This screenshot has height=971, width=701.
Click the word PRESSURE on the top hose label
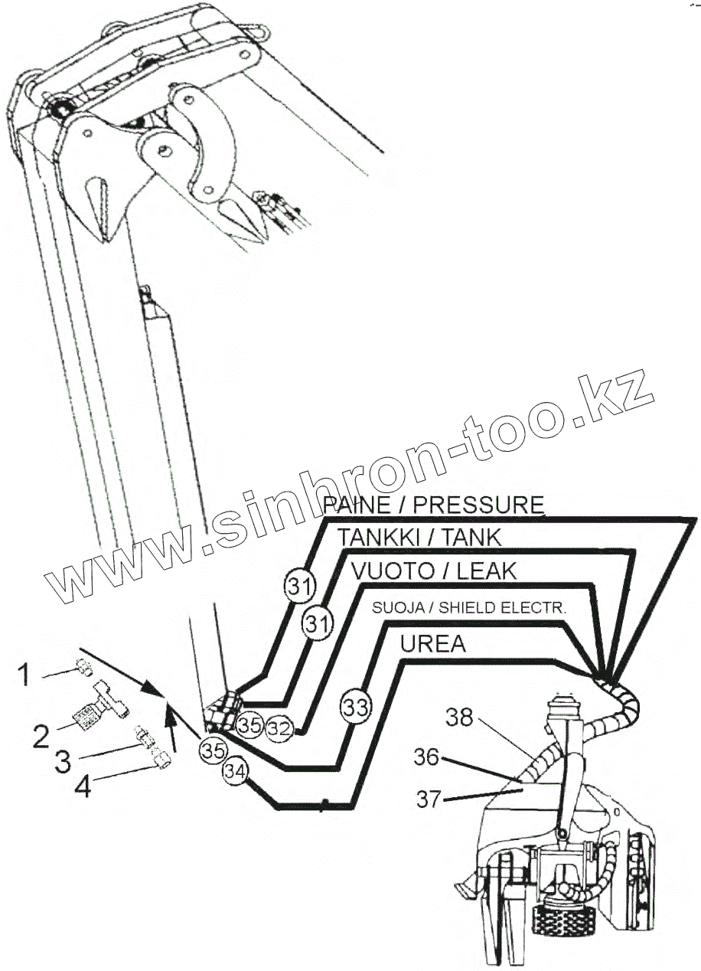click(x=483, y=505)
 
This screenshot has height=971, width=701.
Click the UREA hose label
click(x=433, y=644)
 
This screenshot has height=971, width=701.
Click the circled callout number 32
click(x=279, y=728)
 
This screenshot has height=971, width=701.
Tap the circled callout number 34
click(x=236, y=773)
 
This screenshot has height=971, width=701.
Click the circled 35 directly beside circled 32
click(x=249, y=722)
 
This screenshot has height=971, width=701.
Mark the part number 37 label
click(x=429, y=799)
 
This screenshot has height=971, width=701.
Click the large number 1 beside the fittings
click(x=24, y=675)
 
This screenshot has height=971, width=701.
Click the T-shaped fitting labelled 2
click(x=104, y=708)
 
